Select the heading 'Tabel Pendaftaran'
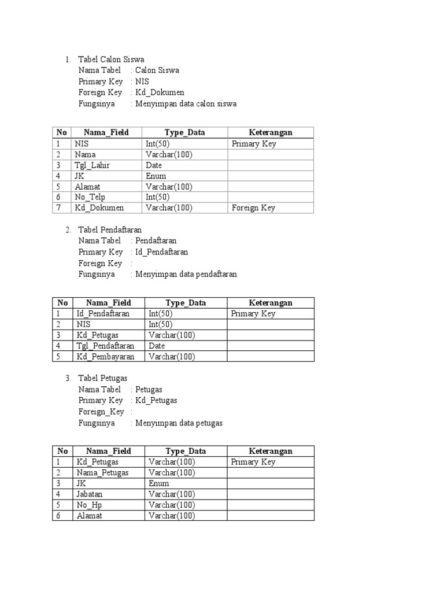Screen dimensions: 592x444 tap(110, 230)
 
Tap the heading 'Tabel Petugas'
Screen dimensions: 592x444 tap(103, 378)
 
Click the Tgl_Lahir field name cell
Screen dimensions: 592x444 tap(92, 165)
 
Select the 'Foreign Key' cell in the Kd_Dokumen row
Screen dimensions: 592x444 tap(253, 208)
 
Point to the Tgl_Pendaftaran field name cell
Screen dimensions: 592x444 tap(105, 346)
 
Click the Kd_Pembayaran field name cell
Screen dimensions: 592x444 tap(105, 357)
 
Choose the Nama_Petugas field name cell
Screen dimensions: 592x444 tap(102, 473)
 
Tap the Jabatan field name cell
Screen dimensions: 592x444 tap(90, 494)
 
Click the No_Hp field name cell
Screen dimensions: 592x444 tap(89, 505)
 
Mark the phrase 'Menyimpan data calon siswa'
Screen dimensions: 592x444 tap(186, 104)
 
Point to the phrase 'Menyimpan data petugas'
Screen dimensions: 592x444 tap(179, 423)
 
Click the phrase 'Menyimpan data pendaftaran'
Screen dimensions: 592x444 tap(186, 275)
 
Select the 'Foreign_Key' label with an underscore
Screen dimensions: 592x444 tap(101, 412)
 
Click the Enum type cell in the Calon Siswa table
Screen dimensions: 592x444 tap(156, 176)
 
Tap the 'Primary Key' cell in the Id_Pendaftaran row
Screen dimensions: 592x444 tap(253, 314)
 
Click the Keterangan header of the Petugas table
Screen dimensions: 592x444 tap(271, 451)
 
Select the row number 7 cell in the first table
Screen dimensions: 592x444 tap(59, 208)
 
